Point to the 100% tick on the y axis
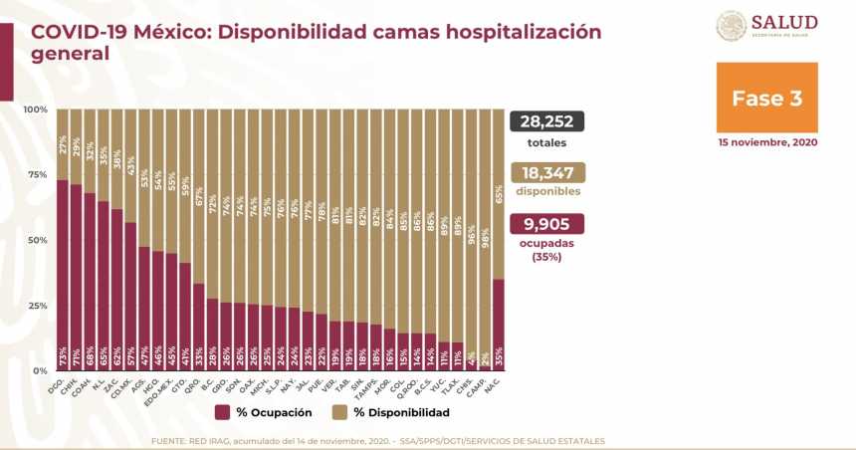[35, 110]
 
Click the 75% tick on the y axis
[37, 175]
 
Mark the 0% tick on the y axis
[40, 370]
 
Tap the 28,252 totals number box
[546, 121]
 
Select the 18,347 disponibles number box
[546, 172]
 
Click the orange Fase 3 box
[766, 98]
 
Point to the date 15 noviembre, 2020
[766, 142]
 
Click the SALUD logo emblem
[732, 25]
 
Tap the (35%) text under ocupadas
[546, 256]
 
